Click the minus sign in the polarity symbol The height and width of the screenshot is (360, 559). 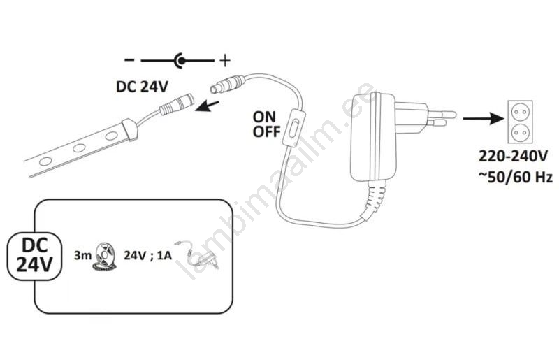point(129,60)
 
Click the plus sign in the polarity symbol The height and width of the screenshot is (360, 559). point(224,61)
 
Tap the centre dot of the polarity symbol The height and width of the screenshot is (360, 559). point(182,61)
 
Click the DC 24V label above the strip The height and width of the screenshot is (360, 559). point(142,87)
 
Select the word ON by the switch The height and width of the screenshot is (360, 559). point(264,117)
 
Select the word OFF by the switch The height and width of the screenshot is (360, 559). point(267,131)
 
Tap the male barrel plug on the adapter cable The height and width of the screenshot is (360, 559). point(228,84)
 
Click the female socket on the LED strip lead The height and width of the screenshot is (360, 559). point(177,105)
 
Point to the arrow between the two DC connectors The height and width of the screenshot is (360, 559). point(207,106)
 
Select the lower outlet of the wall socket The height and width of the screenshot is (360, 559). point(519,133)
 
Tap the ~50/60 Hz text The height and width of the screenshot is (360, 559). point(515,177)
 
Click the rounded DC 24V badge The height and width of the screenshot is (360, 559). point(34,256)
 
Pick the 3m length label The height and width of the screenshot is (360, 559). point(82,255)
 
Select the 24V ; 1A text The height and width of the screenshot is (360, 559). point(147,255)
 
